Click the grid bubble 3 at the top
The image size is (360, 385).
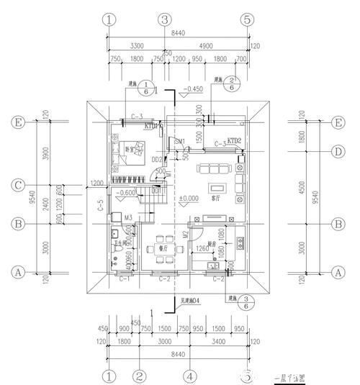[165, 19]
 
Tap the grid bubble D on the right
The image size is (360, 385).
[336, 151]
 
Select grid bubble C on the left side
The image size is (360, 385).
[19, 186]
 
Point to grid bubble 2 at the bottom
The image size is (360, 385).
[140, 375]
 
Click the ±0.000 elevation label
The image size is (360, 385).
[189, 198]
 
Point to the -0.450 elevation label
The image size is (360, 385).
[192, 90]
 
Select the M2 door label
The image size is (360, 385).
[185, 234]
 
